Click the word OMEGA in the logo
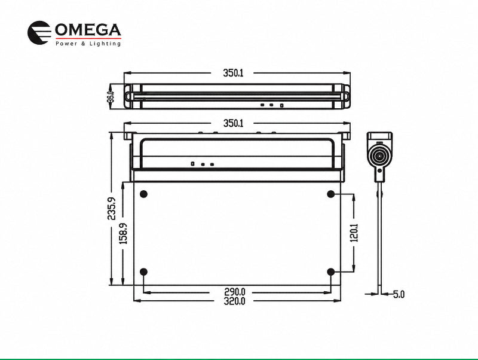[88, 30]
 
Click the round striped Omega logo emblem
[39, 33]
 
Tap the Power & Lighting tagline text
[88, 44]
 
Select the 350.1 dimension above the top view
[233, 73]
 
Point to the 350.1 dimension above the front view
[233, 123]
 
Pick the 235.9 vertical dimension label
[112, 209]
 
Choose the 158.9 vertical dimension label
[123, 233]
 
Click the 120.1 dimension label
[354, 233]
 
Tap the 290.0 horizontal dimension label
[235, 292]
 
